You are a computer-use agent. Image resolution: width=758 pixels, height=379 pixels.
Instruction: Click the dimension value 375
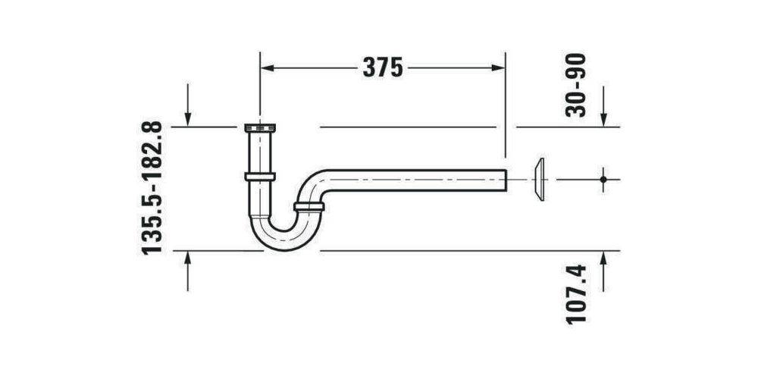click(x=383, y=67)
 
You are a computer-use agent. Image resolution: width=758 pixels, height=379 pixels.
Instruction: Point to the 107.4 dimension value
click(x=578, y=293)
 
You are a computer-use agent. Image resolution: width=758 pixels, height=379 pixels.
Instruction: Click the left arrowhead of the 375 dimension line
click(x=267, y=67)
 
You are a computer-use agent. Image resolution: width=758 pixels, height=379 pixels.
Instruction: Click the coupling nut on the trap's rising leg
click(x=309, y=206)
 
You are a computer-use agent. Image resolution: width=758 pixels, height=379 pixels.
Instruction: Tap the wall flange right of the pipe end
click(x=539, y=180)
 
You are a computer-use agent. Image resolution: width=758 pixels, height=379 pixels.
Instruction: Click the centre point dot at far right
click(x=603, y=180)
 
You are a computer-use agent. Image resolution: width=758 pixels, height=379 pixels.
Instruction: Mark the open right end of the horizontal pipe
click(x=504, y=180)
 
